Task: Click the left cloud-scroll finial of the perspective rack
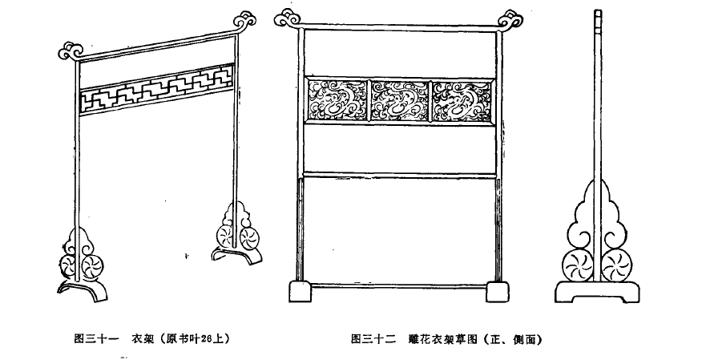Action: tap(71, 51)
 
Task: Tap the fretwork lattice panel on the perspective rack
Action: tap(157, 88)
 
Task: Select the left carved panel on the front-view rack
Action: tap(337, 100)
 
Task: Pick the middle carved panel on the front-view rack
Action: tap(399, 100)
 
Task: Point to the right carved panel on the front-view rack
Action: tap(462, 100)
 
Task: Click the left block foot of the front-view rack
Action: tap(301, 291)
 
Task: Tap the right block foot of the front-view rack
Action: tap(497, 292)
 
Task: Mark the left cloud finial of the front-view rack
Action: tap(288, 18)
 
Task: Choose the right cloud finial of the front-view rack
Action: tap(510, 21)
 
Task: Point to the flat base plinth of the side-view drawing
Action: tap(597, 292)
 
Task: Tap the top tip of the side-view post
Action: tap(598, 10)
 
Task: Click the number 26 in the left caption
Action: tap(206, 338)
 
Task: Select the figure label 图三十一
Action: tap(96, 338)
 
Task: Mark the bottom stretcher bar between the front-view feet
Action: tap(399, 285)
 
